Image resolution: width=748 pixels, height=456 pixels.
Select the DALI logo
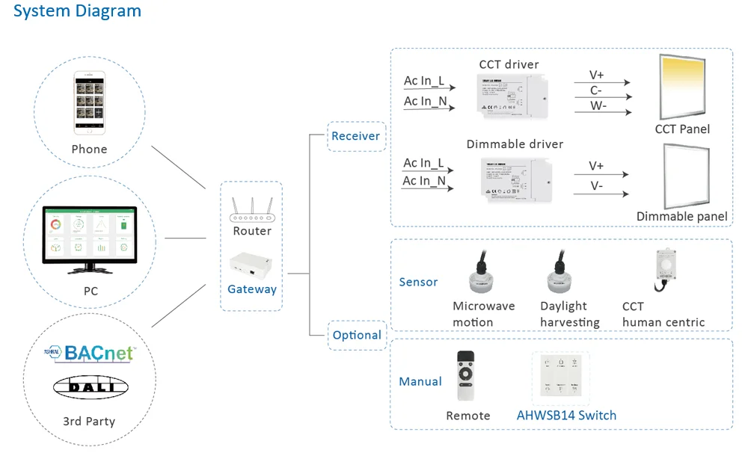point(90,386)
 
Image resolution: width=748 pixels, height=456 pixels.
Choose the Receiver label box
point(356,136)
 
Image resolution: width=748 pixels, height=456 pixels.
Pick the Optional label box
point(357,335)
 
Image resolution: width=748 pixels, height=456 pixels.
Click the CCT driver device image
point(514,96)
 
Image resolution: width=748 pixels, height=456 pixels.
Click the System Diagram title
point(77,11)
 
